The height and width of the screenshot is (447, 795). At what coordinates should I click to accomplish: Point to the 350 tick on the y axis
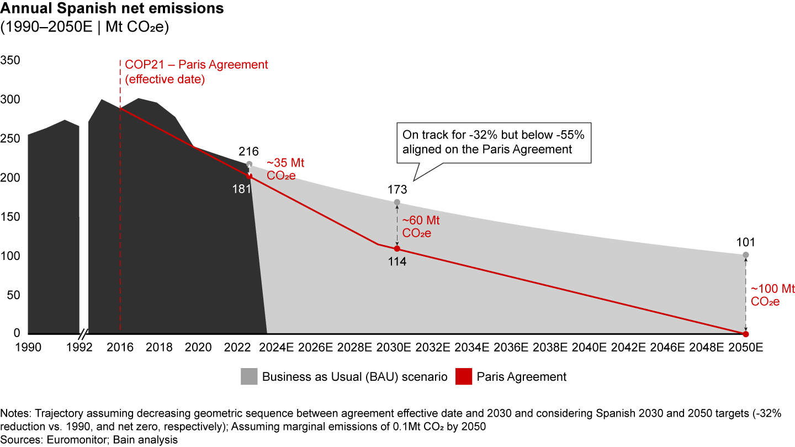10,60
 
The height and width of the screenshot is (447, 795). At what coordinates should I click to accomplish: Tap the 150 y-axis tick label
10,216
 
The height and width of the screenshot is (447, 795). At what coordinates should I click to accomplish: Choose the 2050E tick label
746,348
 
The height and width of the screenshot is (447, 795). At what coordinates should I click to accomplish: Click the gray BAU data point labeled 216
250,164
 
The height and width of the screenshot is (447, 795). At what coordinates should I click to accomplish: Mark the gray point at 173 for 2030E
397,202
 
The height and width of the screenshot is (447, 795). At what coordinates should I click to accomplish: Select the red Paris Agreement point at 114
397,248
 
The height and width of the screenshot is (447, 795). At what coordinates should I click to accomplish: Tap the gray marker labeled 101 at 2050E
746,255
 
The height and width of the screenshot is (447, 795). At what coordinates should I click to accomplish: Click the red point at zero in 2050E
746,334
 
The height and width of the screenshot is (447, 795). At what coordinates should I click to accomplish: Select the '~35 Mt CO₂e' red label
285,169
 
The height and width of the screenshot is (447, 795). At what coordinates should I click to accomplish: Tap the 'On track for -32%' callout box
493,142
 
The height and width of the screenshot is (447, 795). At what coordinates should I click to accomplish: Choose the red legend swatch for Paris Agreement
463,377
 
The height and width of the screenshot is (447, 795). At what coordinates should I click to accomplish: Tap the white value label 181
242,188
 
